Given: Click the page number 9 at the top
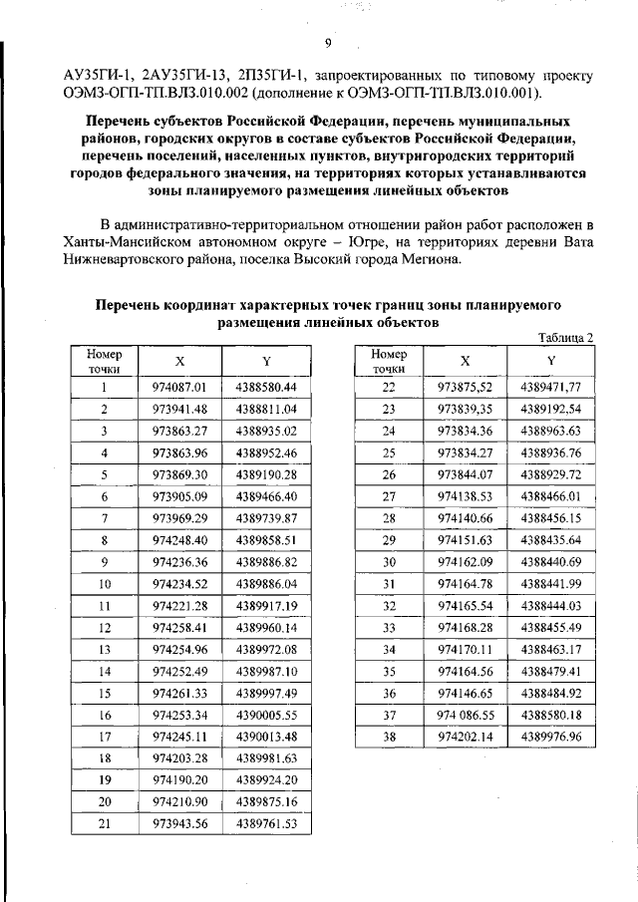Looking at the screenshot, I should [x=326, y=41].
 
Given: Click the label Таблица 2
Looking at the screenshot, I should [x=565, y=337].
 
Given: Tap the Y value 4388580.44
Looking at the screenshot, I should [x=267, y=386].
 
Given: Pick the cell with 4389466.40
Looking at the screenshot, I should [x=267, y=495].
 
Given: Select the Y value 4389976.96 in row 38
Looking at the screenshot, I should [x=550, y=736].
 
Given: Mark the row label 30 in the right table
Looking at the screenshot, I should [x=390, y=561].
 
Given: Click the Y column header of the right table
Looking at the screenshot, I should [x=550, y=361].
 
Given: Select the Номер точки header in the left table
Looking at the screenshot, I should [x=104, y=362].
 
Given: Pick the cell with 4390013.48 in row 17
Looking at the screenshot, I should [x=267, y=736].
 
